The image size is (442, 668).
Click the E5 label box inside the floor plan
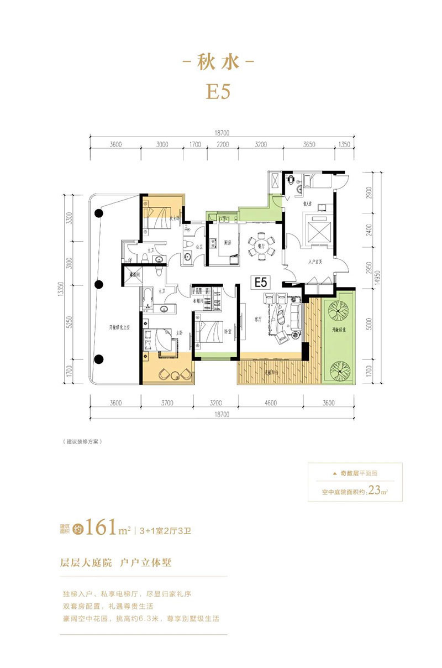[260, 282]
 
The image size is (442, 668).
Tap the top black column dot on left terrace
[99, 213]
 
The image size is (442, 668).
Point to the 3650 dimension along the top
[309, 144]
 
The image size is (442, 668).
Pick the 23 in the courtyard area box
[375, 489]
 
